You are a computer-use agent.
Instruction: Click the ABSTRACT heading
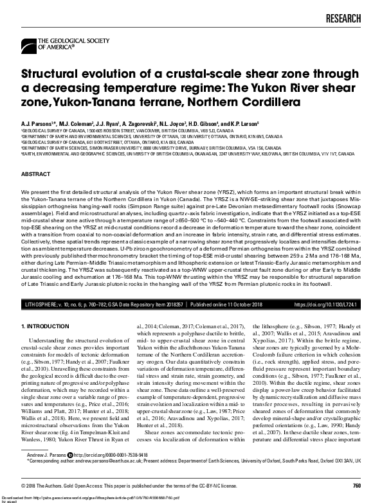coord(36,174)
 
